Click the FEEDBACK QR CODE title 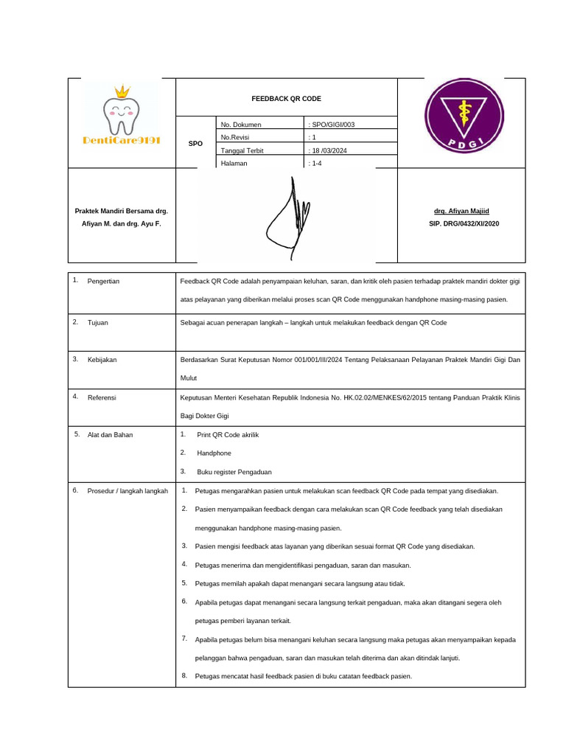tap(286, 98)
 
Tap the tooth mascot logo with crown tap(122, 111)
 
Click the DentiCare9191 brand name tap(122, 140)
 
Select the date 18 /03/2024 tap(333, 150)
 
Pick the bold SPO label tap(195, 144)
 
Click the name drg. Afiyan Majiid tap(461, 211)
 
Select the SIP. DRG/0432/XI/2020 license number tap(461, 223)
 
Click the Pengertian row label tap(103, 281)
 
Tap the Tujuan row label tap(98, 322)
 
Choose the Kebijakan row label tap(102, 359)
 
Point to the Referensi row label tap(102, 397)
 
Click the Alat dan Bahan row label tap(110, 434)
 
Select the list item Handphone tap(214, 453)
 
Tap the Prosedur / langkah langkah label tap(127, 490)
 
